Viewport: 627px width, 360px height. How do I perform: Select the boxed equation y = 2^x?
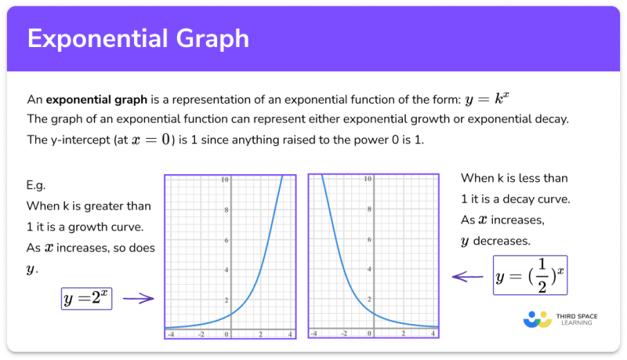87,298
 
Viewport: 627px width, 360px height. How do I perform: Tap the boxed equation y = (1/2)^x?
531,275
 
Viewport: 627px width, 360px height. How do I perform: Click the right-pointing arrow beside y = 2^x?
139,298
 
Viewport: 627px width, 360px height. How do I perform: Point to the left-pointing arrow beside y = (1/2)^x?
469,275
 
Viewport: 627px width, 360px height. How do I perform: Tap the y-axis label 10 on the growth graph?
225,180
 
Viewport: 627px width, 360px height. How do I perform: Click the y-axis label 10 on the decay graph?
368,180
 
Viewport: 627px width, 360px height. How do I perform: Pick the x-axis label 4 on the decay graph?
433,334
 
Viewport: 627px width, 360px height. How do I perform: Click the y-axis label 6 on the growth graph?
227,240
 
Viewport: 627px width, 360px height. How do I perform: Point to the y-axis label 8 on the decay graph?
369,209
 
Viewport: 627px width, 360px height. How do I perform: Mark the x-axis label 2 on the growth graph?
260,334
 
